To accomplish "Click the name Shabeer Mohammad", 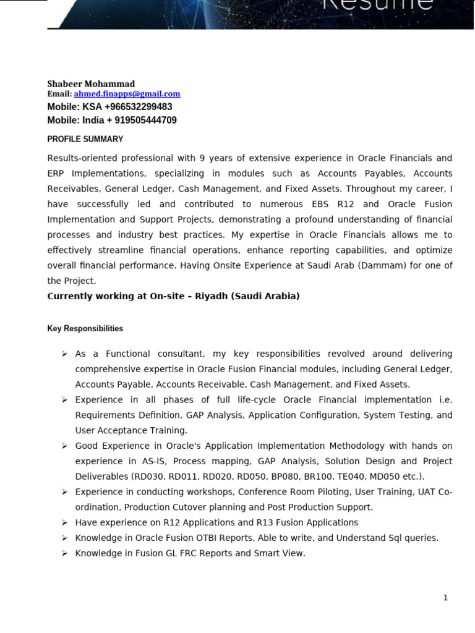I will [91, 84].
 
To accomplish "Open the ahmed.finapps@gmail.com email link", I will [127, 94].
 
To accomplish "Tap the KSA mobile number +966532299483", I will [138, 107].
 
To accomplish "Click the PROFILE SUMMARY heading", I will [85, 139].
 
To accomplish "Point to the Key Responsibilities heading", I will [85, 329].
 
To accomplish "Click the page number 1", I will [445, 598].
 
